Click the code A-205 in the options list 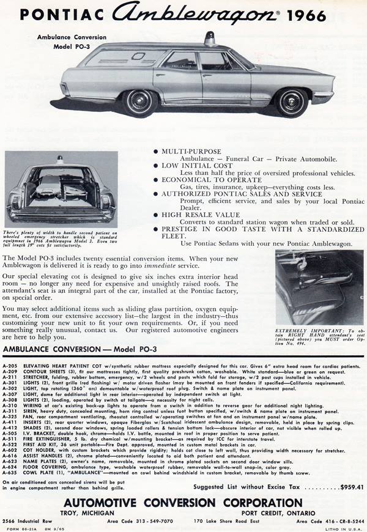pos(10,366)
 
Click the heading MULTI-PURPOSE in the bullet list pos(191,150)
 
